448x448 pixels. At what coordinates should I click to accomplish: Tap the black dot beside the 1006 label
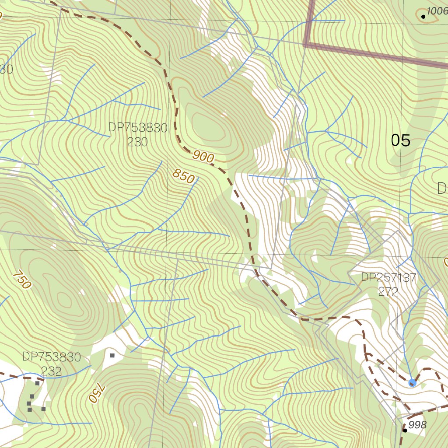[423, 17]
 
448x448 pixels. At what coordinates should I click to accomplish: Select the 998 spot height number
[417, 425]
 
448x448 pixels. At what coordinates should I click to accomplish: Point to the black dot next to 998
[405, 430]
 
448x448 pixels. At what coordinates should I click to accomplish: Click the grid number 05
[400, 140]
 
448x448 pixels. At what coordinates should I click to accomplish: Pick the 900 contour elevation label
[203, 156]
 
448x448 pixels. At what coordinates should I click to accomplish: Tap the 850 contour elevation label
[183, 176]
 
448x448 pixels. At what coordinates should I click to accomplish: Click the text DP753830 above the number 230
[138, 128]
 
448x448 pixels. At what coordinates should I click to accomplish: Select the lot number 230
[138, 142]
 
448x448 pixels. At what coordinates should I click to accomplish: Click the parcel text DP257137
[388, 277]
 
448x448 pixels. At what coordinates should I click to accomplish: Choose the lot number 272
[388, 291]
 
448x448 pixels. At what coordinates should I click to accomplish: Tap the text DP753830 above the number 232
[52, 357]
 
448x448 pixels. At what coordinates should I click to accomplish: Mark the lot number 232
[52, 371]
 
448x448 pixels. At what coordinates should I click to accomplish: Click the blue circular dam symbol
[412, 383]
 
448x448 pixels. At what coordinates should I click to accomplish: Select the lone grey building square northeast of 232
[112, 356]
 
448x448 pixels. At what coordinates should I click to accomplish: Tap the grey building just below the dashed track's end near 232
[38, 383]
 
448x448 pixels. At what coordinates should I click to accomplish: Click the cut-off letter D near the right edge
[442, 189]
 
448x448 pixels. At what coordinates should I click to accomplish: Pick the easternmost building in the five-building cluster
[43, 409]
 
